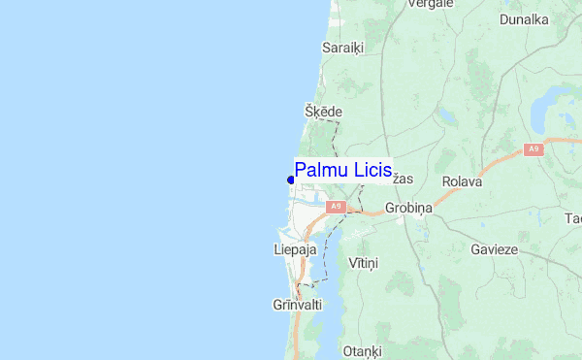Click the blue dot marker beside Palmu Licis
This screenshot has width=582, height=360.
[291, 180]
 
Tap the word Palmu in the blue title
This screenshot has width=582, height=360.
[321, 171]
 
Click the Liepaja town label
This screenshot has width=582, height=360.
[296, 249]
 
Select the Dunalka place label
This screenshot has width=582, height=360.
[524, 18]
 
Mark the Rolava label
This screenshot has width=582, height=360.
[462, 181]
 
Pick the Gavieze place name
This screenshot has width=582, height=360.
[495, 249]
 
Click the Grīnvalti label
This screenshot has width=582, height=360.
[296, 305]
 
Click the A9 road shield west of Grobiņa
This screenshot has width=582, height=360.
[336, 207]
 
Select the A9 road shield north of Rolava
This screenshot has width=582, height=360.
[533, 148]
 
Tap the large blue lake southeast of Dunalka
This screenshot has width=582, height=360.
[557, 103]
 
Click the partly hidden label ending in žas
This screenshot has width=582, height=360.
[404, 180]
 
